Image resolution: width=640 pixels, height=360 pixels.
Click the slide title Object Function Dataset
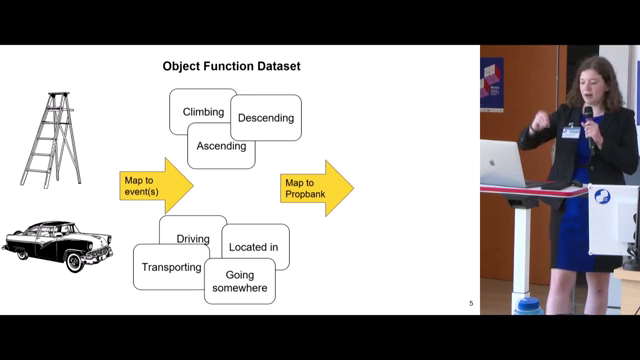[x=232, y=67]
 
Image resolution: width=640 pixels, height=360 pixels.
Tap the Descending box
[x=267, y=118]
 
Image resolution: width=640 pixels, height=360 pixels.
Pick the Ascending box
[x=221, y=147]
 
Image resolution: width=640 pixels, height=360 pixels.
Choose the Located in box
[x=255, y=246]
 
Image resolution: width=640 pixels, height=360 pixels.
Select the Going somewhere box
[x=240, y=281]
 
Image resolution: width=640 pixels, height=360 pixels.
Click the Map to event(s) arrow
[x=155, y=184]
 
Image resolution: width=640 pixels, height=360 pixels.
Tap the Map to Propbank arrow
[x=317, y=188]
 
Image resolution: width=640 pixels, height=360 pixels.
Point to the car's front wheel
[x=74, y=262]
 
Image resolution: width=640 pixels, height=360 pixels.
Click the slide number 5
[x=471, y=303]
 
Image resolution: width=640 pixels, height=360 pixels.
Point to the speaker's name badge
[x=571, y=131]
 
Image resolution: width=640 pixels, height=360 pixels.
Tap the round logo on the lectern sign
[x=602, y=197]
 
